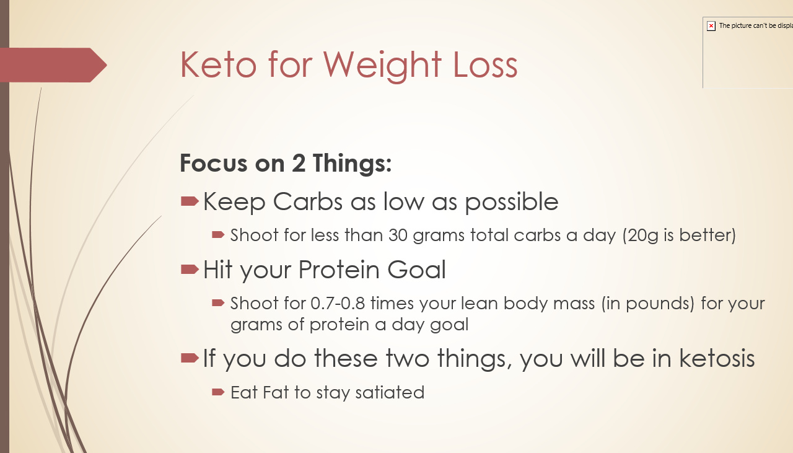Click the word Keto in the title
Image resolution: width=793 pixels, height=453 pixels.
coord(218,64)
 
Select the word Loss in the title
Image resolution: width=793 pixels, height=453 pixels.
coord(485,64)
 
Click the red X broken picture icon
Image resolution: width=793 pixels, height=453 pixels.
coord(711,26)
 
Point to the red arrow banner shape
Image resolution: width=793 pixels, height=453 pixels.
coord(53,65)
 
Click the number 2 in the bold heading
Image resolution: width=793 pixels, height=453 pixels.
coord(299,163)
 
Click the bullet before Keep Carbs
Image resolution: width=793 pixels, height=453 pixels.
coord(190,201)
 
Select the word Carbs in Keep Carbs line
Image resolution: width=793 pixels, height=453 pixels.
coord(308,201)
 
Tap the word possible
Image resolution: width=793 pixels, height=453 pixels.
coord(512,203)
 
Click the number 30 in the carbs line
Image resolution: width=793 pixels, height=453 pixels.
coord(398,235)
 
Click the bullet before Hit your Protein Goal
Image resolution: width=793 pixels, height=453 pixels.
coord(190,270)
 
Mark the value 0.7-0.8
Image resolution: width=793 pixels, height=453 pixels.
coord(338,304)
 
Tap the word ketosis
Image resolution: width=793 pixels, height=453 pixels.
coord(717,358)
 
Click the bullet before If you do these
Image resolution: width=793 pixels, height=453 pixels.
coord(190,358)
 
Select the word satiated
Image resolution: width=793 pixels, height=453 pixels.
coord(390,392)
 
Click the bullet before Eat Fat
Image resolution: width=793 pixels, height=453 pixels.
coord(218,392)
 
